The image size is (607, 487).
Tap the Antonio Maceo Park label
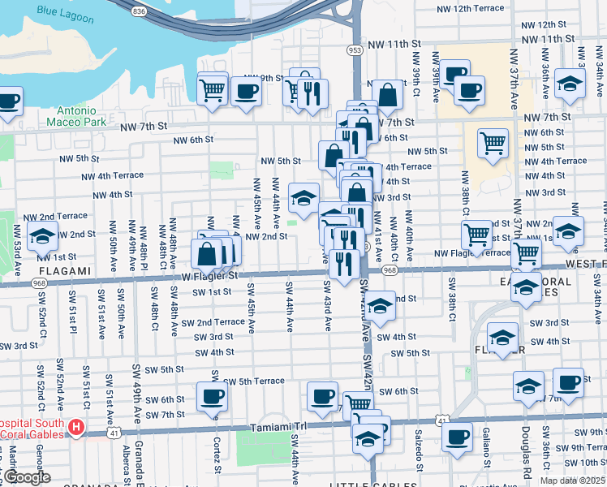(x=87, y=116)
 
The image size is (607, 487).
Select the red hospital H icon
(x=76, y=426)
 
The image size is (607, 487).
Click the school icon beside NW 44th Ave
(x=303, y=197)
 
